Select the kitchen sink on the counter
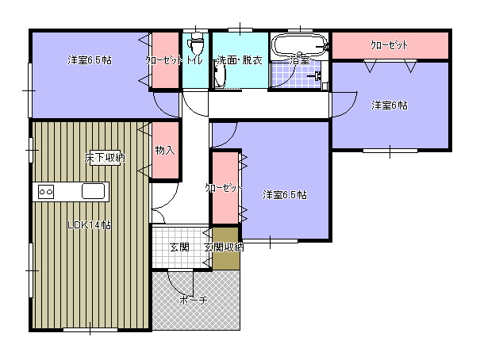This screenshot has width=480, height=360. (x=93, y=191)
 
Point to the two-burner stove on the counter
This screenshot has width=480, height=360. (x=46, y=192)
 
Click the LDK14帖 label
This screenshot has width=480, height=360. (x=89, y=225)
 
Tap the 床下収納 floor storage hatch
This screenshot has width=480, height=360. (x=105, y=159)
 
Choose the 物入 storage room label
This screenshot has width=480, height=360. (x=165, y=150)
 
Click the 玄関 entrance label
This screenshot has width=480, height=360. (x=179, y=247)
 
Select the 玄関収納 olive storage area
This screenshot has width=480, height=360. (x=225, y=248)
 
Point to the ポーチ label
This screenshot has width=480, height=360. (x=194, y=300)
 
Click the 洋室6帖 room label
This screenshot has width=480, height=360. (x=390, y=105)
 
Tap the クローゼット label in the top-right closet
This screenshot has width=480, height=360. (x=389, y=45)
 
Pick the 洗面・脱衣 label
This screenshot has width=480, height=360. (x=240, y=60)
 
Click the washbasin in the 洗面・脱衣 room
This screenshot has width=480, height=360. (x=220, y=76)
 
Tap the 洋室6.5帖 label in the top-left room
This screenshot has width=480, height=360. (x=90, y=60)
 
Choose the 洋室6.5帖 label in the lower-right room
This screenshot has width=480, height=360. (x=285, y=195)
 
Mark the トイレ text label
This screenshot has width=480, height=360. (x=194, y=60)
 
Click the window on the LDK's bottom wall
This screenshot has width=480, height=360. (x=90, y=330)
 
